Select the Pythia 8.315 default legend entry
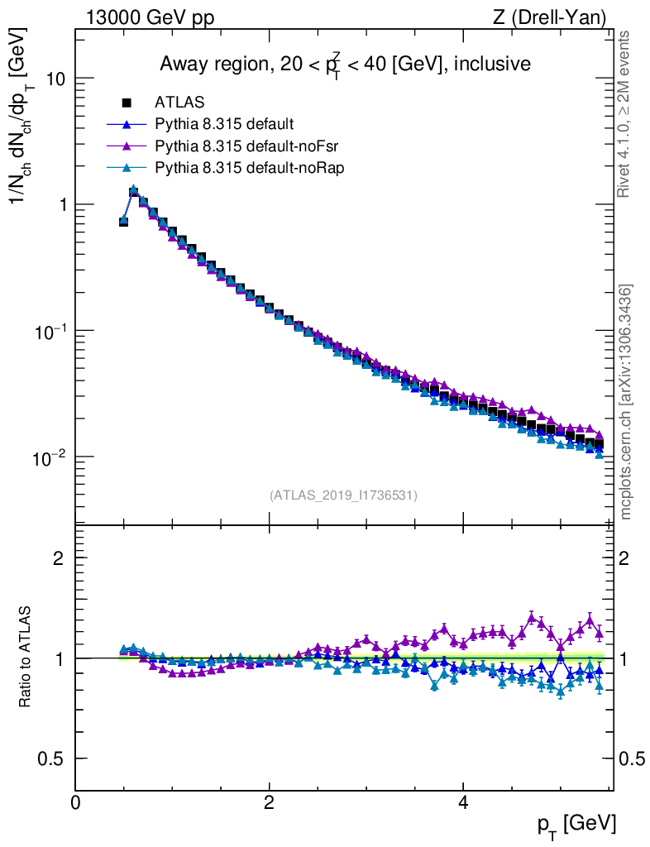pyautogui.click(x=224, y=125)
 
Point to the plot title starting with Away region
pyautogui.click(x=345, y=65)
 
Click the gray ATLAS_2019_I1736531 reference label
pyautogui.click(x=343, y=495)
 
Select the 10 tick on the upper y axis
pyautogui.click(x=55, y=79)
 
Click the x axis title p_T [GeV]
pyautogui.click(x=576, y=824)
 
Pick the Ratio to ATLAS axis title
pyautogui.click(x=26, y=658)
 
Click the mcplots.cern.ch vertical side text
pyautogui.click(x=626, y=401)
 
